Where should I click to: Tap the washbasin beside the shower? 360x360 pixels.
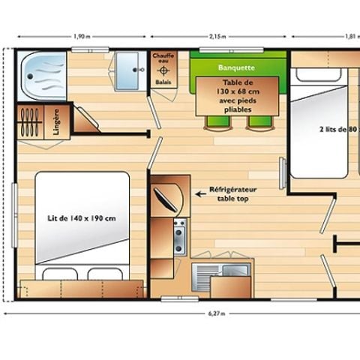pyautogui.click(x=132, y=70)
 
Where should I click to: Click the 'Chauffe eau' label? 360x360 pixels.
pyautogui.click(x=163, y=60)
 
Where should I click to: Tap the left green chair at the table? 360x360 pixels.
pyautogui.click(x=214, y=121)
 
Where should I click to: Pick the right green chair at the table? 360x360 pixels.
pyautogui.click(x=258, y=121)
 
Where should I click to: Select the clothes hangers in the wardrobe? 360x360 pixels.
pyautogui.click(x=30, y=123)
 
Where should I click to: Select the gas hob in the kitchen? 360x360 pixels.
pyautogui.click(x=180, y=236)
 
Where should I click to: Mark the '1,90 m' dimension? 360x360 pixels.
pyautogui.click(x=82, y=36)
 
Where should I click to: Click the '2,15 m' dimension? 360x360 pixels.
pyautogui.click(x=217, y=36)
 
